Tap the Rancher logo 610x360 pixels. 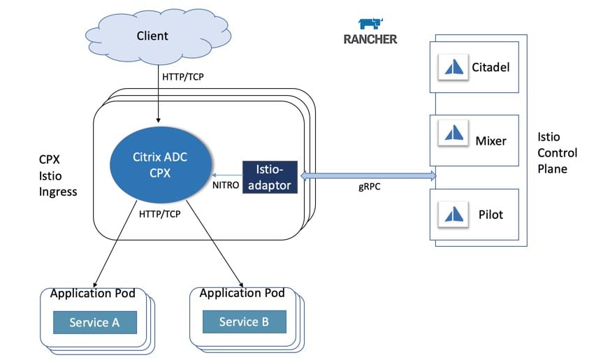coord(370,32)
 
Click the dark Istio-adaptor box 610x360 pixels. coord(270,177)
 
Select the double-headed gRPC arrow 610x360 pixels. coord(368,175)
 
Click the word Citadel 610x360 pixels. coord(491,68)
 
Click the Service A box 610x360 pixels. coord(95,322)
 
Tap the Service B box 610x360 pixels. coord(244,322)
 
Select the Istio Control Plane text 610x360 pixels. coord(557,152)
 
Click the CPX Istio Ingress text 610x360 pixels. coord(58,175)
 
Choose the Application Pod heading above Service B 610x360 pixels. coord(242,293)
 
